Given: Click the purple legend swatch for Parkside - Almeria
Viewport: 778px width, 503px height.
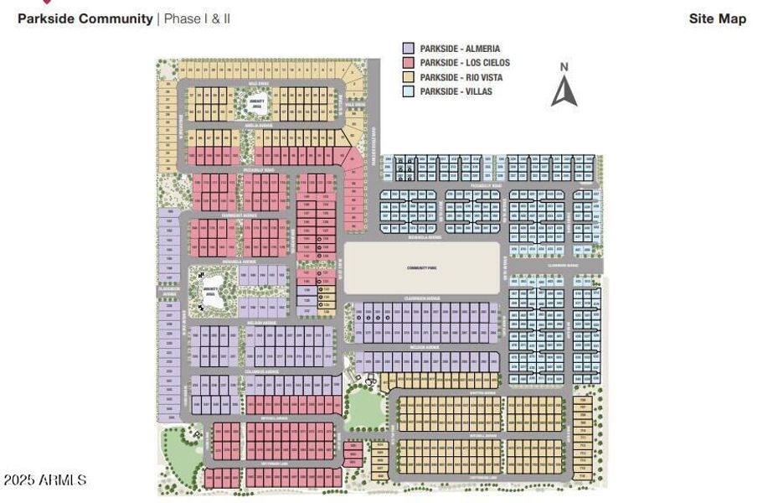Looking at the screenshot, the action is (x=409, y=49).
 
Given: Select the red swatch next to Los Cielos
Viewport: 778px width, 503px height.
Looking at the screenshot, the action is (x=409, y=63).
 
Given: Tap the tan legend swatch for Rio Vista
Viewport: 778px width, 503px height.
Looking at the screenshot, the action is (x=409, y=77).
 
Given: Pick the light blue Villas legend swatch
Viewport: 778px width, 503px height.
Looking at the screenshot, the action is (x=409, y=91).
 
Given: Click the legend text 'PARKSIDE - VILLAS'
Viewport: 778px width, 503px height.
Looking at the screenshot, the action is (x=456, y=91).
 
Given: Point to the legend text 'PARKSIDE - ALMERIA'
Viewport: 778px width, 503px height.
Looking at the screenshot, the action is (x=460, y=49).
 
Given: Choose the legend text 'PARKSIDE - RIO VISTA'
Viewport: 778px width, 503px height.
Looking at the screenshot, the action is (x=464, y=77).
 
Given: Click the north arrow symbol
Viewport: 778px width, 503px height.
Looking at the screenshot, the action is (x=564, y=91).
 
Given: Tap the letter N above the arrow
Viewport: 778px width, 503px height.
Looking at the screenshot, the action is (x=564, y=67).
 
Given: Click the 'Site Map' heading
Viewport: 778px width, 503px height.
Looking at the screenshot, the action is (x=717, y=18).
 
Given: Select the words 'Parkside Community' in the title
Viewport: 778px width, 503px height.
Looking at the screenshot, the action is (x=85, y=18).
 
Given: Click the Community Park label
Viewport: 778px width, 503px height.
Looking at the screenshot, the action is (x=422, y=268).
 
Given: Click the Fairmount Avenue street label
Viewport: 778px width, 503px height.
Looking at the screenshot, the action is (x=239, y=215).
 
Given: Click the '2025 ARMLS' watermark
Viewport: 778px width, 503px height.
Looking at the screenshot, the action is (x=44, y=480).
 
